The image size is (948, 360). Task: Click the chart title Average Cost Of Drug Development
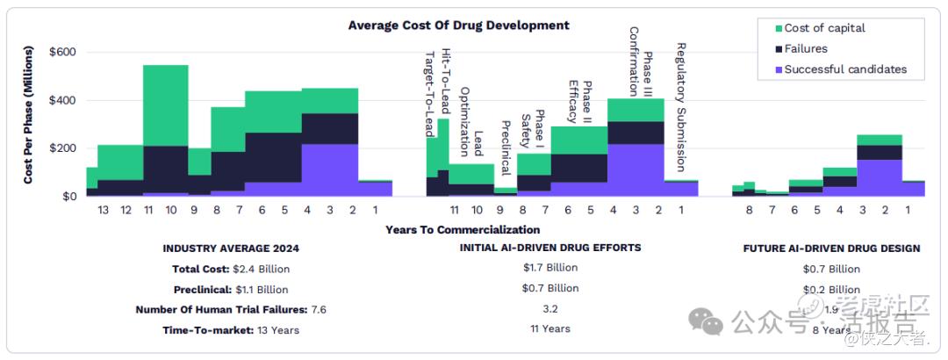click(x=458, y=25)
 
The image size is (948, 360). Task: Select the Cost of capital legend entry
click(x=824, y=28)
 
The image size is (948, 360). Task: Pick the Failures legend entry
click(x=806, y=48)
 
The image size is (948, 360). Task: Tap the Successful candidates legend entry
click(x=845, y=69)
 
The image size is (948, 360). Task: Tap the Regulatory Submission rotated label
click(x=681, y=106)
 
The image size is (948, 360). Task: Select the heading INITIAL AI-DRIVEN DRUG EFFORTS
click(x=550, y=248)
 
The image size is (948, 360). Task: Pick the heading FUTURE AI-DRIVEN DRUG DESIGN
click(x=831, y=248)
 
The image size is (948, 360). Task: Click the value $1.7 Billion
click(x=550, y=268)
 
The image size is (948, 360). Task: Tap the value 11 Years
click(x=550, y=328)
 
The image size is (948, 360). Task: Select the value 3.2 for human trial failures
click(x=550, y=308)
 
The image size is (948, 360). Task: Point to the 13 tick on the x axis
click(x=104, y=211)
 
